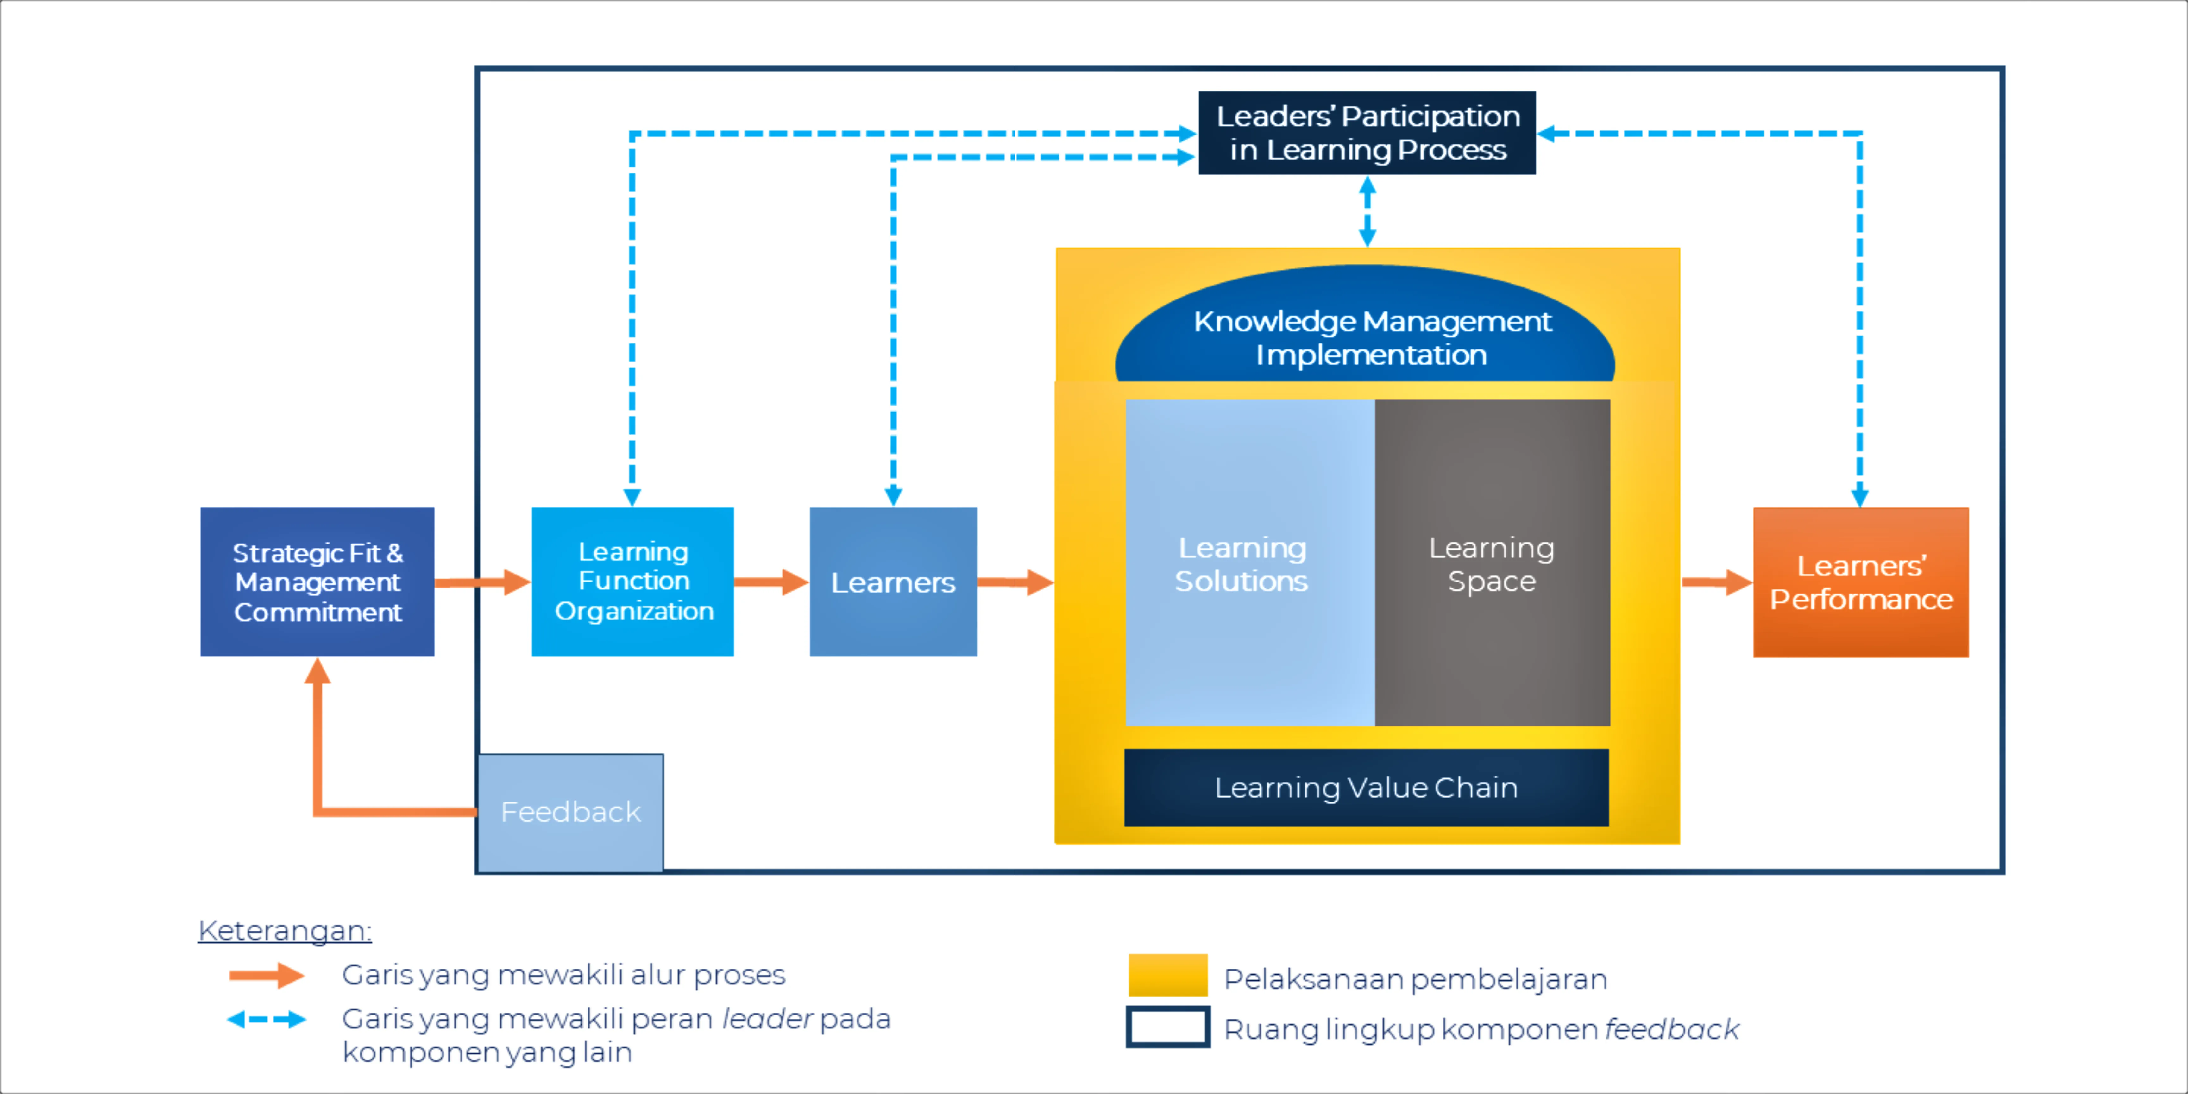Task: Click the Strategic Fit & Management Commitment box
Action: click(317, 582)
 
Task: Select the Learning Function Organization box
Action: click(633, 582)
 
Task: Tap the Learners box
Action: click(893, 582)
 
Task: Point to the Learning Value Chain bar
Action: click(1366, 787)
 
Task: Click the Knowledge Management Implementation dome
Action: click(1365, 331)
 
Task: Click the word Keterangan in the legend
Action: click(285, 931)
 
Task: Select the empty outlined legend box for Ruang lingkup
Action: click(1168, 1027)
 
